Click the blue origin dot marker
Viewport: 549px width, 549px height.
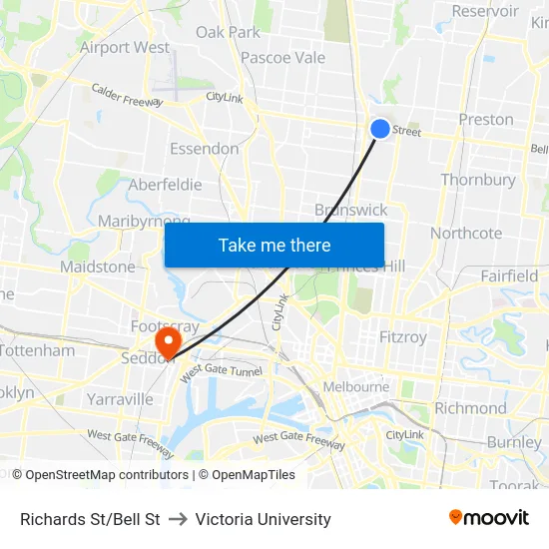(x=380, y=128)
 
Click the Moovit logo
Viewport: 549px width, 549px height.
(x=489, y=518)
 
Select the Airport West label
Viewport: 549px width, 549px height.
(x=125, y=47)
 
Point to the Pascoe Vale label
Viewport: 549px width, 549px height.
(x=282, y=57)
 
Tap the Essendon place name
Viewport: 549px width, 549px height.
(x=204, y=149)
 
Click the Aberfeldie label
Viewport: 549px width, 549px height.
(x=165, y=185)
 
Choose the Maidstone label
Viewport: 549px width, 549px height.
(x=97, y=267)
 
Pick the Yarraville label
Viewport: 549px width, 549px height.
(x=120, y=399)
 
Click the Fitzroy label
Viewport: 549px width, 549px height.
(x=402, y=337)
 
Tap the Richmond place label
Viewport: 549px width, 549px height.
(x=470, y=407)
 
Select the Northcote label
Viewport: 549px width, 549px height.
(x=466, y=233)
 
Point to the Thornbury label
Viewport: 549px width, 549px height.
(x=478, y=180)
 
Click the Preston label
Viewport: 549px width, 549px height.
(x=486, y=119)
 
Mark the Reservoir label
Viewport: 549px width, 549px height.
(x=485, y=11)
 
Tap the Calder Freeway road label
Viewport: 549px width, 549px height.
(x=127, y=94)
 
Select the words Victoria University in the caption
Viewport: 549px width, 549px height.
(x=264, y=519)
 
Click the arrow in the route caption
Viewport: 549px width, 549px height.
(x=178, y=519)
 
